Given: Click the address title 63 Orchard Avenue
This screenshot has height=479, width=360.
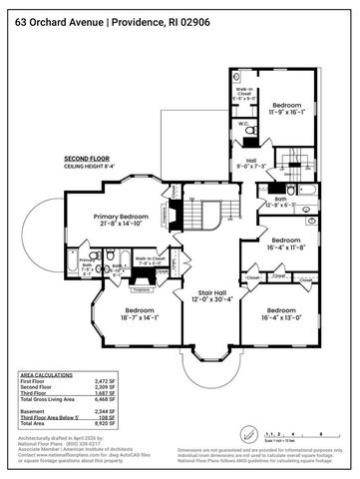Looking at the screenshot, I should [50, 22].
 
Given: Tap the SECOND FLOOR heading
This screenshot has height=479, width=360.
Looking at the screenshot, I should [87, 159].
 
